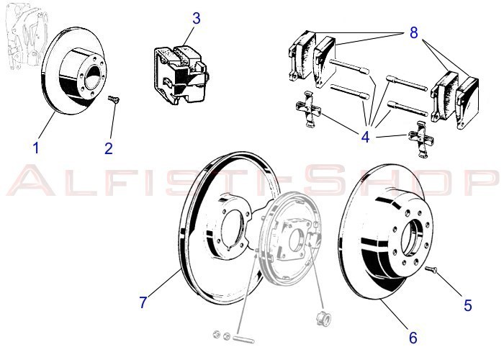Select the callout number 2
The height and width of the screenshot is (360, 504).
pyautogui.click(x=109, y=148)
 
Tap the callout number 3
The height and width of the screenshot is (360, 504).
pyautogui.click(x=196, y=17)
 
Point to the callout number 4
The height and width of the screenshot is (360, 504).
pyautogui.click(x=365, y=135)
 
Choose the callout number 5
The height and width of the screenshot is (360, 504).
pyautogui.click(x=468, y=305)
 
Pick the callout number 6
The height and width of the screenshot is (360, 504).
pyautogui.click(x=413, y=336)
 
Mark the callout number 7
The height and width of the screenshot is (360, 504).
pyautogui.click(x=143, y=302)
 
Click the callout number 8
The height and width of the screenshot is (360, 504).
pyautogui.click(x=413, y=32)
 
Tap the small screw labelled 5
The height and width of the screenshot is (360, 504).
pyautogui.click(x=431, y=269)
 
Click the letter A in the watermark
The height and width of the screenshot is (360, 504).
pyautogui.click(x=29, y=182)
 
